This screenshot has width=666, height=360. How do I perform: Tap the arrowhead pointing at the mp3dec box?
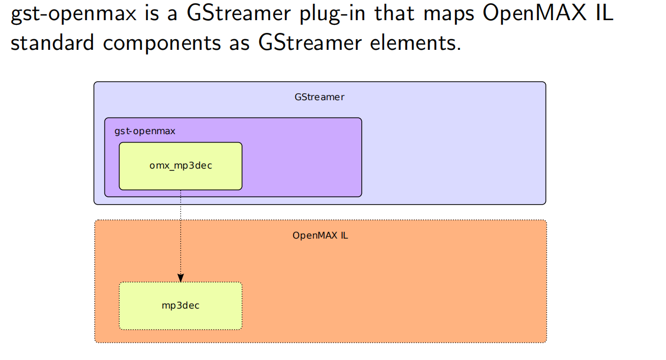click(181, 277)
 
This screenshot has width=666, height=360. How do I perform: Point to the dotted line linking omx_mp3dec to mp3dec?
click(181, 233)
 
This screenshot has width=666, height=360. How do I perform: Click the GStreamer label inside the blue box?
click(319, 97)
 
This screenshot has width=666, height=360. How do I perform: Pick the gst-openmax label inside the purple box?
click(145, 131)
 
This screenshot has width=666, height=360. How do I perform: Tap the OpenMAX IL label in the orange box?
click(320, 235)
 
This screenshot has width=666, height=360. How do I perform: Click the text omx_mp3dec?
click(181, 165)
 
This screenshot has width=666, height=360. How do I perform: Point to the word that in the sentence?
click(394, 14)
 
